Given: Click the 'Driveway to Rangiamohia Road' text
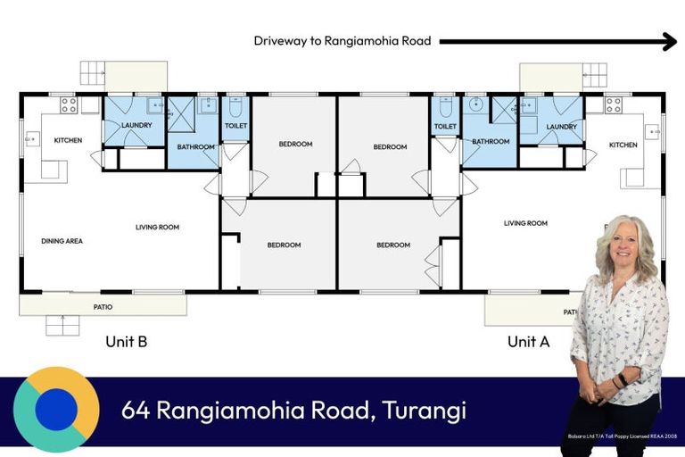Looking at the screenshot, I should [x=342, y=41].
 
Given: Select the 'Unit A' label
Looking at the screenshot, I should [x=529, y=341].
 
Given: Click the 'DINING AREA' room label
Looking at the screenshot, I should [x=62, y=241].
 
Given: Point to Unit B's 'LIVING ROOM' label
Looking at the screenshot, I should [x=157, y=228].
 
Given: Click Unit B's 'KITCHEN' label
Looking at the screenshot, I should [x=68, y=141].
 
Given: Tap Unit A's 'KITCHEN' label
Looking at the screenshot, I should [x=623, y=145].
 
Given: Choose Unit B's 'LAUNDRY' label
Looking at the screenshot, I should [x=136, y=126].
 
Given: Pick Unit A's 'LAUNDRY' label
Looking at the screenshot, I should [x=562, y=127].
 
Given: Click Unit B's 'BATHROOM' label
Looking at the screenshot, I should [x=195, y=147].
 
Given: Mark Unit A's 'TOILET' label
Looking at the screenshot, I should [x=445, y=127].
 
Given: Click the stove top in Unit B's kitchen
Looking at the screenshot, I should [x=69, y=105].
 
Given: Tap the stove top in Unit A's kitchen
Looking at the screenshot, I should [x=614, y=105].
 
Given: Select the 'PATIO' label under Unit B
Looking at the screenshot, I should [x=103, y=307].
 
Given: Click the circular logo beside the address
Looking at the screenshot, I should [x=56, y=410].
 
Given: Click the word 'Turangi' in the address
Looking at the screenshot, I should [x=425, y=411].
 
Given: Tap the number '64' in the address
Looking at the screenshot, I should [x=135, y=411].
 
